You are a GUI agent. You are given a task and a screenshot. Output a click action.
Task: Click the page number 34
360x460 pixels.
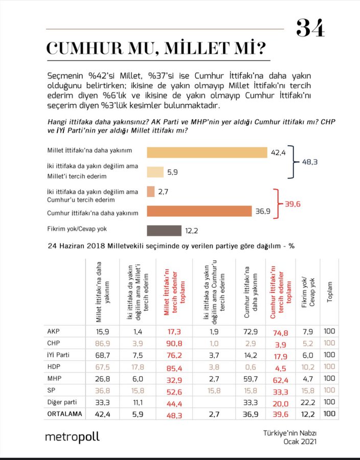tap(310, 28)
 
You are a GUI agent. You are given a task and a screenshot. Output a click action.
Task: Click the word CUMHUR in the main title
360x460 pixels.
tap(84, 48)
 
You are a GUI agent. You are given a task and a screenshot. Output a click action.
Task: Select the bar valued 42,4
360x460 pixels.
tap(207, 152)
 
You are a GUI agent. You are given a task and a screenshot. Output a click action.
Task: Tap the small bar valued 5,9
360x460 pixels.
tap(155, 172)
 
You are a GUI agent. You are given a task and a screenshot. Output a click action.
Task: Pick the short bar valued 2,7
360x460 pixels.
tap(150, 192)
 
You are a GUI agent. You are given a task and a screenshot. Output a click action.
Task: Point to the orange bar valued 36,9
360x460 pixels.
tap(199, 211)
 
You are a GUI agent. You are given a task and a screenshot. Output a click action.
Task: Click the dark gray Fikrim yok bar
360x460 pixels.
tap(164, 231)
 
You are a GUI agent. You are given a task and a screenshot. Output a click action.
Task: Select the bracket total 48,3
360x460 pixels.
tap(310, 162)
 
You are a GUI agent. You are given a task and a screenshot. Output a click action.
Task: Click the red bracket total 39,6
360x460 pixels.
tap(292, 204)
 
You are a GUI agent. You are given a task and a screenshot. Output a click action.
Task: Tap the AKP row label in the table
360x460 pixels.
tap(53, 331)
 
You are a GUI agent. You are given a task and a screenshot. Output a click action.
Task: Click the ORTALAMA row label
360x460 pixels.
tap(64, 414)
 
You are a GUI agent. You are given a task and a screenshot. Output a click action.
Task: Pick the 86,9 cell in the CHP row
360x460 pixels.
tap(102, 343)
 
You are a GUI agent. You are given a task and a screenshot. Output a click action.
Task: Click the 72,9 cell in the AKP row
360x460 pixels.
tap(250, 332)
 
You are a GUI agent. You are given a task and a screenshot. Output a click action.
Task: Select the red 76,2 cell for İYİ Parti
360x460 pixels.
tap(174, 355)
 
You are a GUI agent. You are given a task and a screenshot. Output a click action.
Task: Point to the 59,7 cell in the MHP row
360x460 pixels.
tap(250, 379)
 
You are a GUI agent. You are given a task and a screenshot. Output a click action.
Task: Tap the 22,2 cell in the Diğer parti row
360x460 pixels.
tap(307, 403)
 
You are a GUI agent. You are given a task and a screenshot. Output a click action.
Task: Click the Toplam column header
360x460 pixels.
tap(329, 292)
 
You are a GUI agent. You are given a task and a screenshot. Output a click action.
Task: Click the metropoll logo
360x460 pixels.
tap(72, 437)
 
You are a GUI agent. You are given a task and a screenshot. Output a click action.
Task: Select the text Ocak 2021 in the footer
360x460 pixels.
tap(300, 442)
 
